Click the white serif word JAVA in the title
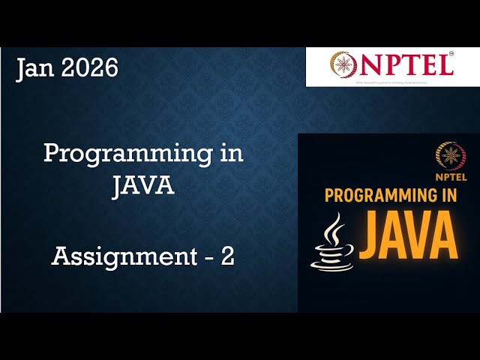[x=143, y=185]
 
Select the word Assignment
[x=121, y=257]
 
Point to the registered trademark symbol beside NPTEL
[x=451, y=54]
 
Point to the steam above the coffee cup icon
[x=333, y=229]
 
